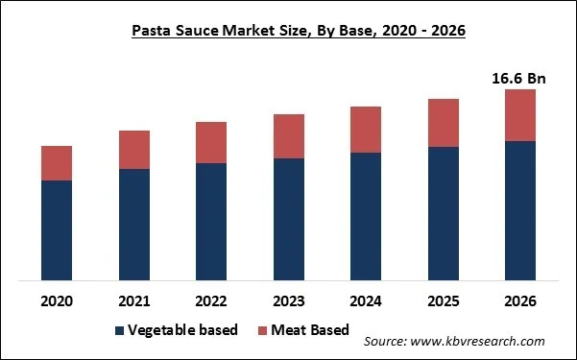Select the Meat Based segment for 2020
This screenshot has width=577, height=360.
(x=57, y=163)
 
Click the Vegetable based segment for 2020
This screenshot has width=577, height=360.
(x=57, y=230)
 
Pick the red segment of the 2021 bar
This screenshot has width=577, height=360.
(x=134, y=150)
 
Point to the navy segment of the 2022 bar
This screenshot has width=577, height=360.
(x=211, y=222)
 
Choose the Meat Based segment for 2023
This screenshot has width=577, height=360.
(x=289, y=136)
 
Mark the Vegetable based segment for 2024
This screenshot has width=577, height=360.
(x=366, y=216)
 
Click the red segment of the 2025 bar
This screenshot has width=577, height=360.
(x=443, y=123)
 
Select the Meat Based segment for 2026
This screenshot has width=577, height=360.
(x=520, y=115)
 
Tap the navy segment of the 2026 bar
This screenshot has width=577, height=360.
(x=520, y=211)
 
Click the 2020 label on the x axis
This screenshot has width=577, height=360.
(x=57, y=300)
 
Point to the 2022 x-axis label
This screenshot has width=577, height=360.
(x=211, y=300)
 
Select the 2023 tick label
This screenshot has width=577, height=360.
(x=289, y=300)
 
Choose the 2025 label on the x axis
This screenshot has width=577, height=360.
(x=443, y=300)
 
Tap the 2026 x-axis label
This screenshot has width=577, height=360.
(x=520, y=300)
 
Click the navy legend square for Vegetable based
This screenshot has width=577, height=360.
(x=120, y=331)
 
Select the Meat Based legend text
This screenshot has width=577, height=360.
(x=309, y=331)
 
